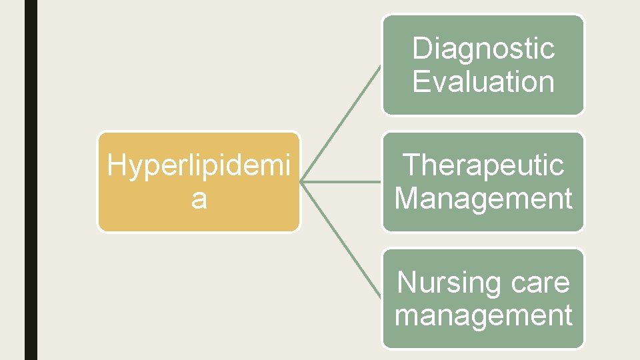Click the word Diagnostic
coord(483,48)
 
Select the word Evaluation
coord(483,81)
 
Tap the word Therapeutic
coord(483,165)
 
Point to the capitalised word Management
coord(483,199)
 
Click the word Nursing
coord(440,283)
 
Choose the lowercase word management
coord(483,315)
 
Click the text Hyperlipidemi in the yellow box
coord(199,167)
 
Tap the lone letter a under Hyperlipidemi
coord(199,199)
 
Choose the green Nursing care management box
coord(483,337)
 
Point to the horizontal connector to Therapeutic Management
coord(341,181)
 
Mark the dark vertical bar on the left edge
coord(31,180)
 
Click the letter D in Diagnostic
coord(421,48)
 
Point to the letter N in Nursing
coord(406,283)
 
